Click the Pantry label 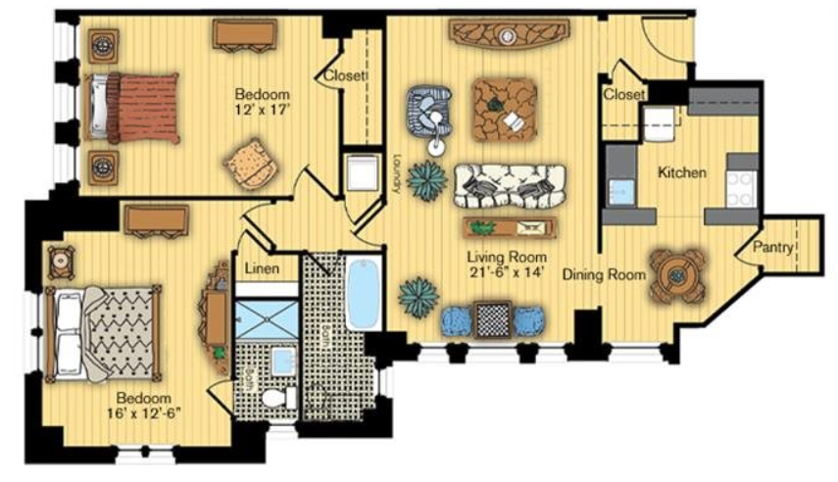772,248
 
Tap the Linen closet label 262,267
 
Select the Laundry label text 396,173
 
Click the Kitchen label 681,172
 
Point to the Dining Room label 604,274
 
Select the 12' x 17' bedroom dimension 262,110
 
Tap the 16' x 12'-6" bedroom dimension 144,413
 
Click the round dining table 677,276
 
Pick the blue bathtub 364,293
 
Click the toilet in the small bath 279,398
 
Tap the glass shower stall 267,319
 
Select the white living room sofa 510,186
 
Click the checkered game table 493,319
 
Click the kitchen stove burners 741,190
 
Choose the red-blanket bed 131,109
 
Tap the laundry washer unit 362,173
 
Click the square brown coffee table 505,110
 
